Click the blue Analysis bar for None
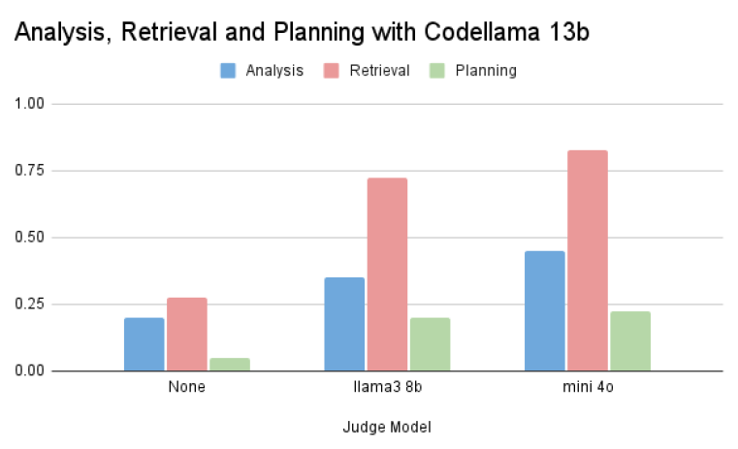[144, 344]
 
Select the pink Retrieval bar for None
[186, 335]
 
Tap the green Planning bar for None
[229, 365]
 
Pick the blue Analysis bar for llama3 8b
[344, 324]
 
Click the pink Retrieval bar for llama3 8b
[387, 274]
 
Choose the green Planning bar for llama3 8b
[430, 344]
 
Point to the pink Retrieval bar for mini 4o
[587, 261]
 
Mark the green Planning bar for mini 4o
[630, 341]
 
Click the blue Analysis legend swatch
[228, 70]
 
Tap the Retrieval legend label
[381, 70]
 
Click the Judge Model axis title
[387, 427]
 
